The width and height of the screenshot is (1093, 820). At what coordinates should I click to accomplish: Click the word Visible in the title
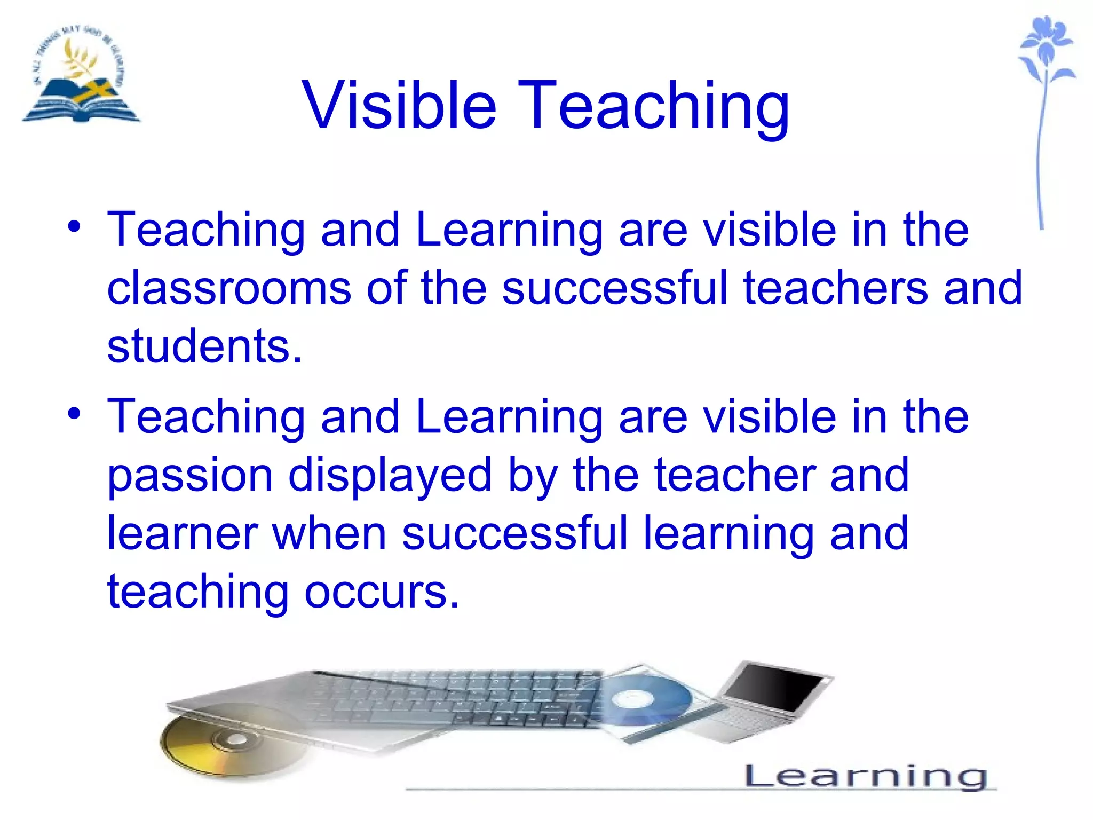(399, 105)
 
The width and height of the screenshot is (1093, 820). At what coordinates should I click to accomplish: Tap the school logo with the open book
(80, 75)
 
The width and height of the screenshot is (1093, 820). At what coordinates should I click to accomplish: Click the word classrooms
(228, 288)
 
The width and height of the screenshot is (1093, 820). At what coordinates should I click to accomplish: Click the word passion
(190, 475)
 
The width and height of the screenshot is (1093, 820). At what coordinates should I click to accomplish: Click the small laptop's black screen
(777, 686)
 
